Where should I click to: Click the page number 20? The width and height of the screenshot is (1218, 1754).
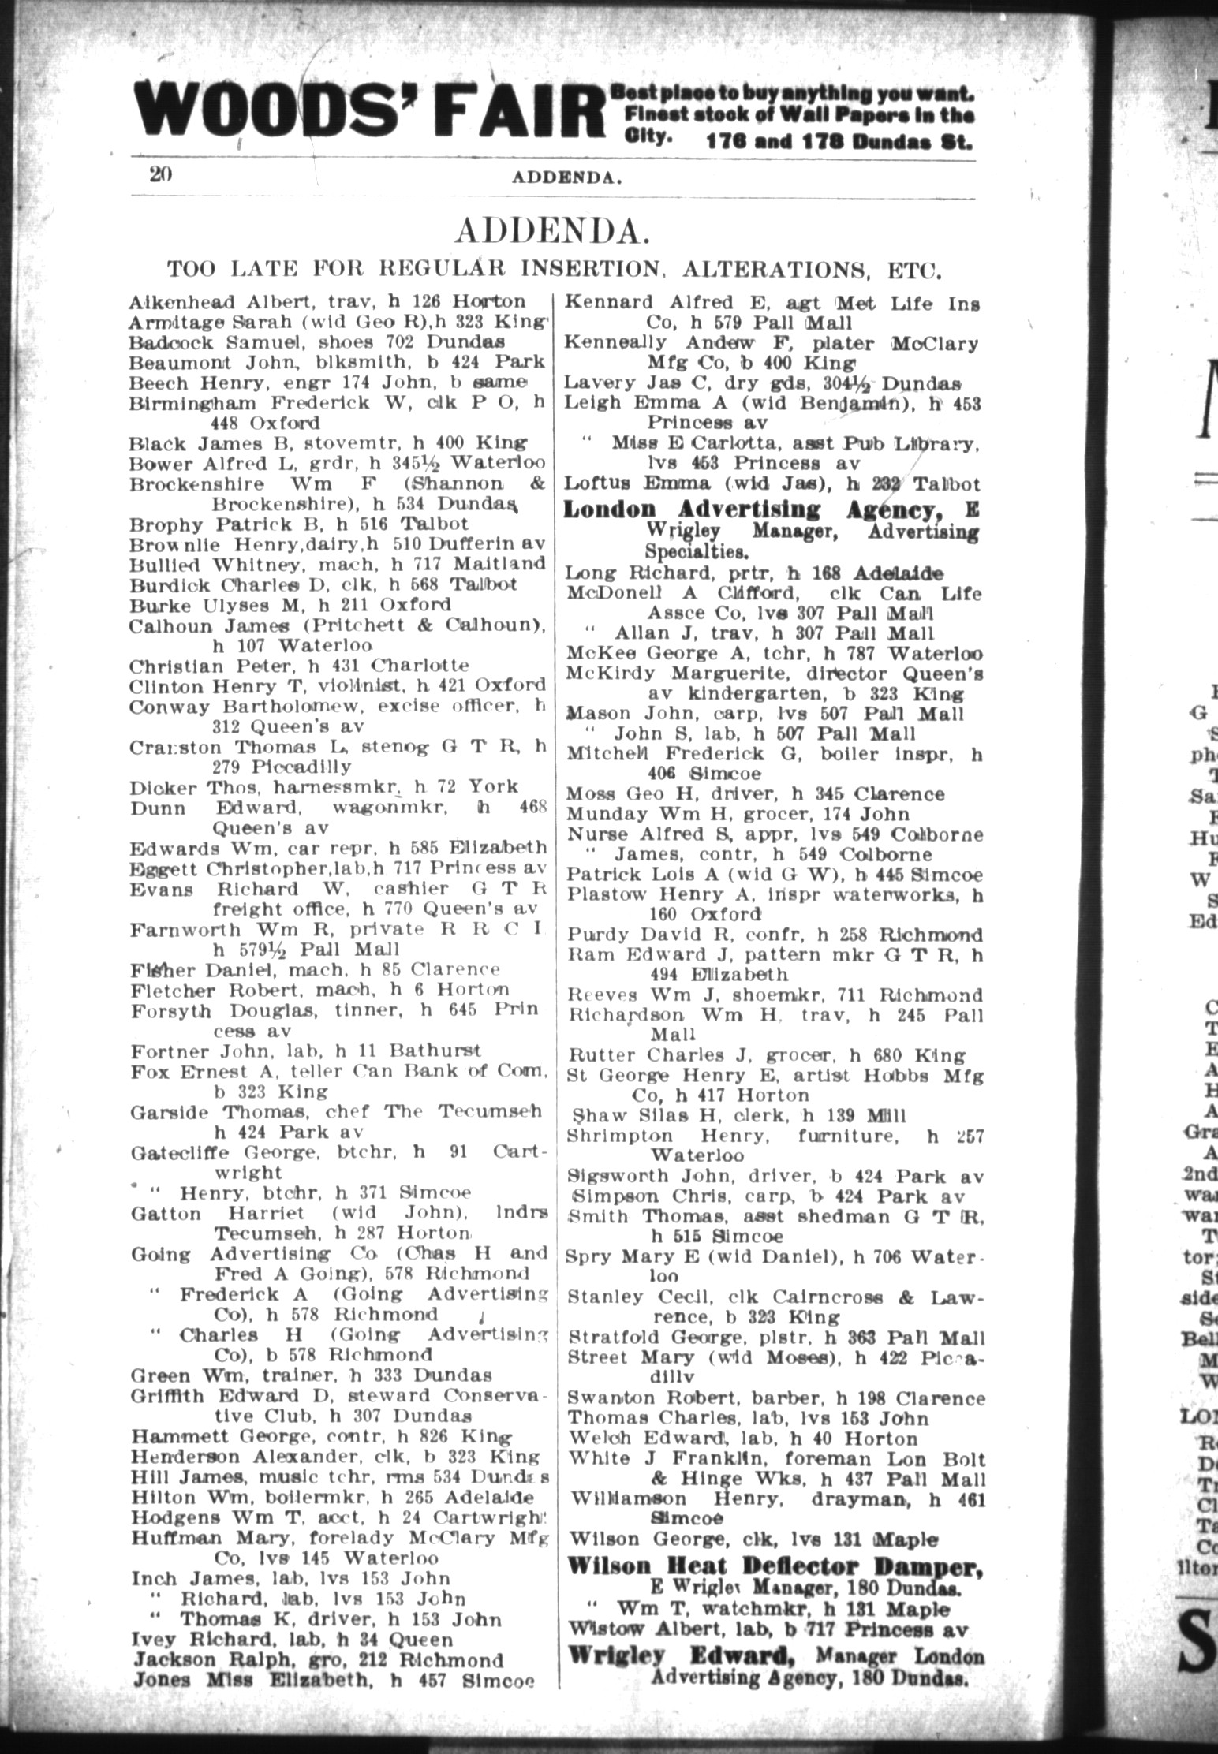(161, 174)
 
